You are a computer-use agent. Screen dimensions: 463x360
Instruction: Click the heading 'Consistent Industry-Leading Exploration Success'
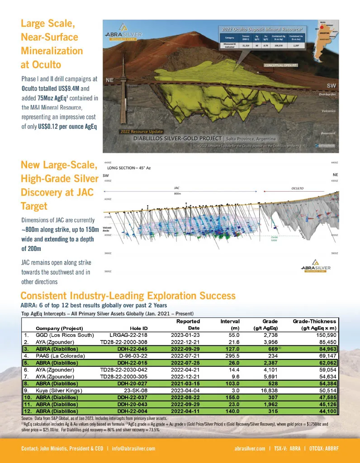tap(128, 296)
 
